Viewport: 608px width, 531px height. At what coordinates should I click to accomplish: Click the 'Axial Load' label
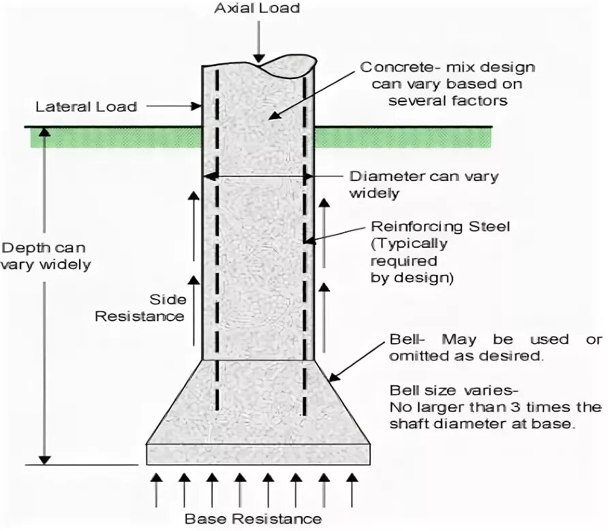257,9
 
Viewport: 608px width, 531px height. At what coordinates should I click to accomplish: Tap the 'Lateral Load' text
86,107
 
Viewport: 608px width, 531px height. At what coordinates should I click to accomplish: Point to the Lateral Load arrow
174,107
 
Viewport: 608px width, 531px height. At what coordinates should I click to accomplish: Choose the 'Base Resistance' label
253,519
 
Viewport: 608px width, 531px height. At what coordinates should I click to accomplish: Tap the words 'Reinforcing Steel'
440,227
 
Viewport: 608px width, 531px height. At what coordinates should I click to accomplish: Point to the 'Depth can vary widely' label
45,256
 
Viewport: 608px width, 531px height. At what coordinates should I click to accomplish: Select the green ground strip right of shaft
402,138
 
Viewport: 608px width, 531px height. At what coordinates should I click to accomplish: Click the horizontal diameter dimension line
258,176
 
